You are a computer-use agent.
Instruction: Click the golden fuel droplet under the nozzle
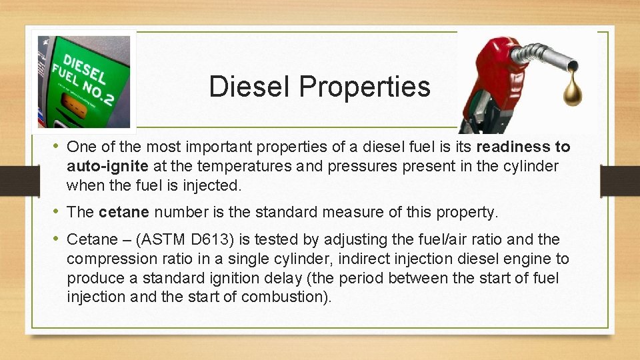[x=572, y=93]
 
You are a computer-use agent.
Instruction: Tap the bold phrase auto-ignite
[x=107, y=165]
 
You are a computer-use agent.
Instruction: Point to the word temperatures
[x=251, y=165]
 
